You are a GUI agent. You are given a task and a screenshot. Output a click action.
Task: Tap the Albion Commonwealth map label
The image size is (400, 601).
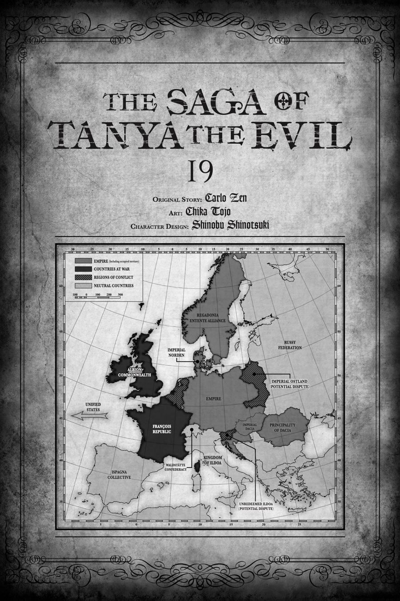pos(139,372)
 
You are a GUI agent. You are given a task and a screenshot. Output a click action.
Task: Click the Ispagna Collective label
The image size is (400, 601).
pos(119,474)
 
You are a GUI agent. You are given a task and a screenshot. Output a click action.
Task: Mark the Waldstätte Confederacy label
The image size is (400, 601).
pos(175,467)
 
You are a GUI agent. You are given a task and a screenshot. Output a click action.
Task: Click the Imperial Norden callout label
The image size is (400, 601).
pos(176,353)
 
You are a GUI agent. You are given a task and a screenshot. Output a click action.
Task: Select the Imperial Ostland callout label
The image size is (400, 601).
pos(289,384)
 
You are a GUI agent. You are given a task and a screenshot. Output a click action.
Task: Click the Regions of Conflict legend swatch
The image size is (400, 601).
pos(83,277)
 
